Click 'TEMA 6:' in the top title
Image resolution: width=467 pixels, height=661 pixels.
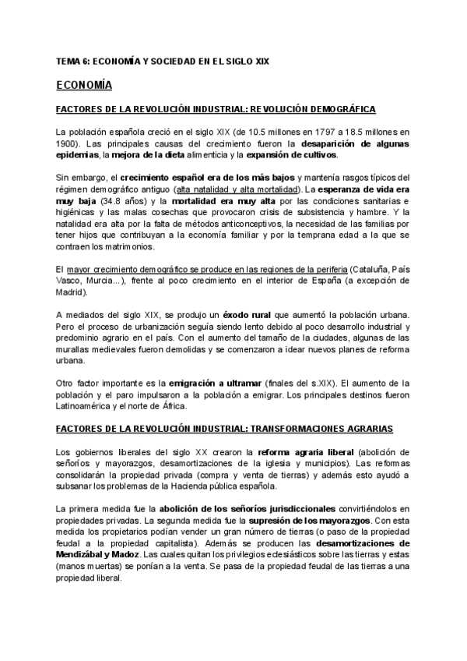(x=72, y=60)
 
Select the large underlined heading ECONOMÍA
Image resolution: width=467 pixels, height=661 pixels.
(x=85, y=83)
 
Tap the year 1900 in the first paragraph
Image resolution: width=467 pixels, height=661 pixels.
(x=69, y=144)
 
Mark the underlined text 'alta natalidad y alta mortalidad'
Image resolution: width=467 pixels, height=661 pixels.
(x=237, y=189)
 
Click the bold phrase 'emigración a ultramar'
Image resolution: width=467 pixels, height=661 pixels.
(x=212, y=383)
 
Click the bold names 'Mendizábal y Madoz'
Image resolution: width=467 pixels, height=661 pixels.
(x=97, y=554)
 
